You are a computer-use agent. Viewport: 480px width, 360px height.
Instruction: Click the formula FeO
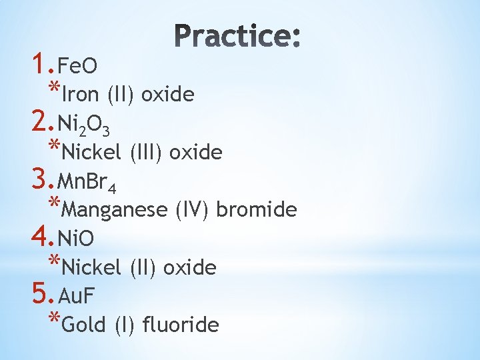tap(77, 66)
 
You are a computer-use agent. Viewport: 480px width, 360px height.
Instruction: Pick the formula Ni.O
tap(77, 238)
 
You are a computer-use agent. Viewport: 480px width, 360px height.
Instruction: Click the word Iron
tap(81, 95)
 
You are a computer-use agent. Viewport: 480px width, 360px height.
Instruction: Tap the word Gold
tap(85, 325)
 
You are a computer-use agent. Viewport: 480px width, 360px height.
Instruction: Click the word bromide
tap(256, 210)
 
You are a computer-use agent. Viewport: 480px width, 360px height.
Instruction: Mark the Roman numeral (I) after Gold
tap(123, 325)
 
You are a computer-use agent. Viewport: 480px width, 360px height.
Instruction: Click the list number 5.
tap(40, 293)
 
